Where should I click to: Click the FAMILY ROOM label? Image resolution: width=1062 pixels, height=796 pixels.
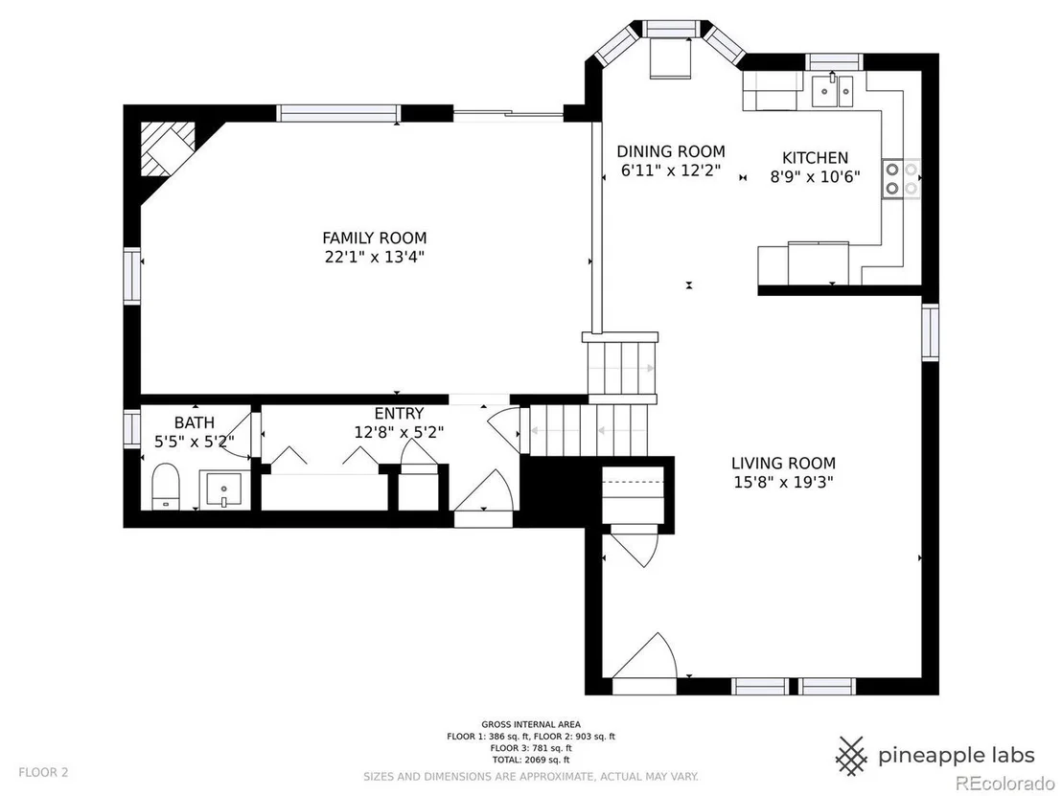coord(375,239)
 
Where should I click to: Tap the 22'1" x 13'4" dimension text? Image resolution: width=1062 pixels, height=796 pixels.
coord(375,258)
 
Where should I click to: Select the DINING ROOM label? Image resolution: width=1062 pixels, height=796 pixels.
coord(671,151)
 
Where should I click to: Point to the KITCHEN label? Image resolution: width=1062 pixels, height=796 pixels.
coord(815,158)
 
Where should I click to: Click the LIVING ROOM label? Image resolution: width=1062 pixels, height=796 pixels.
coord(784,463)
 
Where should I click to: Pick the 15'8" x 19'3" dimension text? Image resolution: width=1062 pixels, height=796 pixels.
coord(784,483)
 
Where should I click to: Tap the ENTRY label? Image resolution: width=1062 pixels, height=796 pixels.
coord(399,413)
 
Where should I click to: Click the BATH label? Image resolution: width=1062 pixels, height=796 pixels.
coord(195,422)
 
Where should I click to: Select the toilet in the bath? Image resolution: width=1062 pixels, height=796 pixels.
coord(165,486)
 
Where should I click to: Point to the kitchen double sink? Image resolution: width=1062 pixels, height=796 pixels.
coord(832,91)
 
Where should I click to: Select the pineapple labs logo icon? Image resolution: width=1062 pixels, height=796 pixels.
coord(852,756)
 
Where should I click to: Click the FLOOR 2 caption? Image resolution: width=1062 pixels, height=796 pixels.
coord(43,772)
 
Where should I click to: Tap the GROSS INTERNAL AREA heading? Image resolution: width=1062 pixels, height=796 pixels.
coord(531,724)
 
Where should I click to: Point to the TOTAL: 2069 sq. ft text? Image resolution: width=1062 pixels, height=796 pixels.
coord(531,761)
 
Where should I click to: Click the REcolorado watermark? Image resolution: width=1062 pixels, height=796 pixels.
coord(998,784)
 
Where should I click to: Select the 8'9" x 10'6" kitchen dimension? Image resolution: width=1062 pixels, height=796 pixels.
coord(815,177)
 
